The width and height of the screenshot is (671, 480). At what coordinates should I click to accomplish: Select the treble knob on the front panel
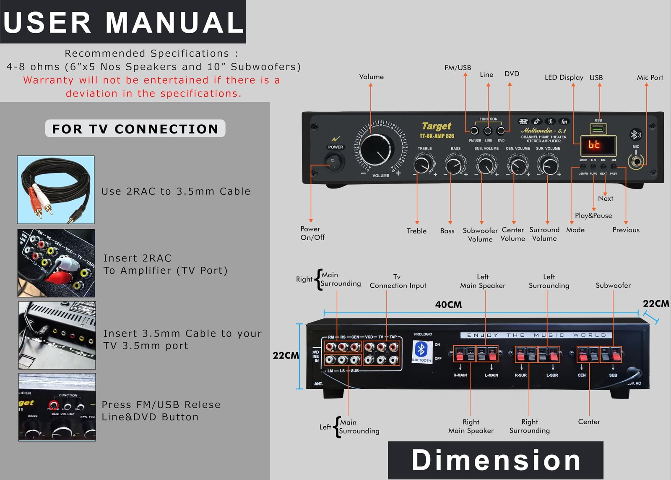pos(424,164)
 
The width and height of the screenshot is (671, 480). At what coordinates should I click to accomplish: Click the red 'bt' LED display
pos(598,145)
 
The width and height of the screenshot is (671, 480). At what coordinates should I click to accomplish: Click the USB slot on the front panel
pos(598,128)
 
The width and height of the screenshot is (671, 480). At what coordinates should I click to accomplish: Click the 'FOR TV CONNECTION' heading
pos(135,129)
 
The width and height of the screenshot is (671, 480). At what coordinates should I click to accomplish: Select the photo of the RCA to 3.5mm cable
pos(56,190)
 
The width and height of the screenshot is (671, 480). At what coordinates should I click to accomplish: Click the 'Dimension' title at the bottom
pos(496,460)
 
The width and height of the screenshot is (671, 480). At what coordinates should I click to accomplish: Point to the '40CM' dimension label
pos(448,304)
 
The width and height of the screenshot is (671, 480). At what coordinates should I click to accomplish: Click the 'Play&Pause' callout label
pos(593,215)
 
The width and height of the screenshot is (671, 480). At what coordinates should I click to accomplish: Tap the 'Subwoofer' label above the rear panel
pos(613,286)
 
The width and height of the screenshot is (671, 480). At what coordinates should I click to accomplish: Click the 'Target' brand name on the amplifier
pos(436,126)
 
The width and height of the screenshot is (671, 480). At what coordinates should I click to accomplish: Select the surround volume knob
pos(548,165)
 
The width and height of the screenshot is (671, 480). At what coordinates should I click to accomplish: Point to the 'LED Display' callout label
pos(564,77)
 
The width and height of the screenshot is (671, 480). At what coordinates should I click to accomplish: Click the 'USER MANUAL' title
pos(123,22)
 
